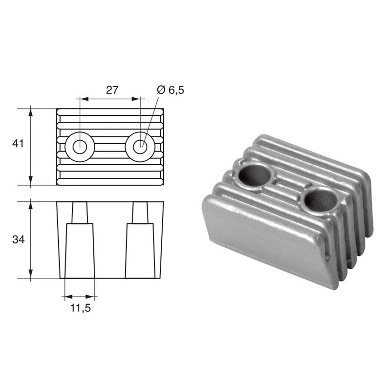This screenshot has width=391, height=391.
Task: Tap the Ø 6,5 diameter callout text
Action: pos(171,89)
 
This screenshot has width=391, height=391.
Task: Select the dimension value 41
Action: pos(18,144)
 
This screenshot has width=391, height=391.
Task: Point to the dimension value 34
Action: pos(18,239)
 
